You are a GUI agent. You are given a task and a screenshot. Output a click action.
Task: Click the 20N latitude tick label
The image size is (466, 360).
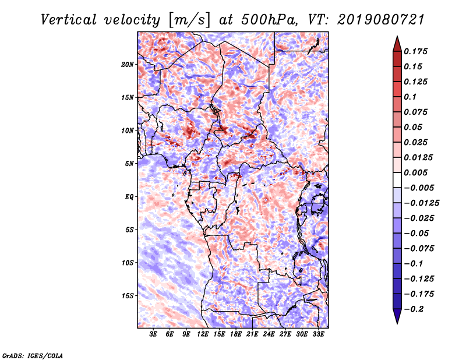click(128, 64)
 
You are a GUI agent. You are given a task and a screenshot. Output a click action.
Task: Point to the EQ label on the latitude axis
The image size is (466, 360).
click(129, 197)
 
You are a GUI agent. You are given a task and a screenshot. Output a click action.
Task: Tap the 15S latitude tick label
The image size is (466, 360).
click(128, 296)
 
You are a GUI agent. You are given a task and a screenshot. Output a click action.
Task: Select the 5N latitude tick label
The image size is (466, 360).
click(129, 164)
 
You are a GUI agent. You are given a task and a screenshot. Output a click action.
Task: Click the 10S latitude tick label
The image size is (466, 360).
click(128, 263)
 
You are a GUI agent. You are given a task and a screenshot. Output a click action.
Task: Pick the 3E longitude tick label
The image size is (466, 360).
click(153, 334)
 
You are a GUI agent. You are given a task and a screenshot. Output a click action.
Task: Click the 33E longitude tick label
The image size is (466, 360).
click(319, 334)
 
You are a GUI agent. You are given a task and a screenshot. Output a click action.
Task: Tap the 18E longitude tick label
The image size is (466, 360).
click(236, 334)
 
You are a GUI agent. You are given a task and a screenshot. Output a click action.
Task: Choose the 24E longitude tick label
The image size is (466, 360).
click(269, 334)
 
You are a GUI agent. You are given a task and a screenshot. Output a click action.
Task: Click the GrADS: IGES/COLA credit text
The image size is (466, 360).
click(33, 355)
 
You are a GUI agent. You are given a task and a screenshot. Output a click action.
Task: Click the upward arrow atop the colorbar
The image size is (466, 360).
click(397, 43)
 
